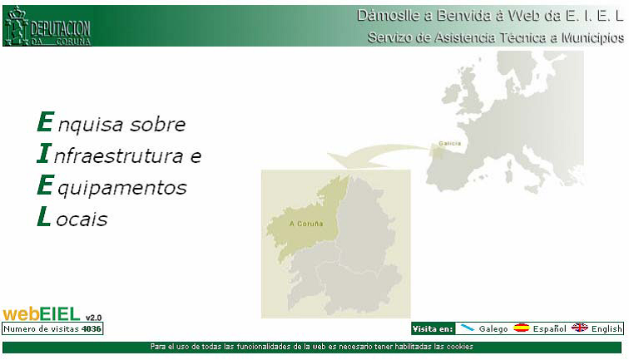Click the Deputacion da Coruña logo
pos(47,26)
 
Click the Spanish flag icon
pos(521,328)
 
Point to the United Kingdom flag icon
pos(580,328)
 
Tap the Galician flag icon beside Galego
pos(468,328)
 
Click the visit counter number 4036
pos(91,328)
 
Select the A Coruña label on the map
pos(306,224)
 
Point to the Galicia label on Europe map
pos(449,143)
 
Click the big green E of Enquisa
pos(45,121)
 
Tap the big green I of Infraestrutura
pos(44,153)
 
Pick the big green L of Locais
pos(44,216)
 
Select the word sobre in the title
pos(157,124)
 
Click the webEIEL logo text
pos(42,314)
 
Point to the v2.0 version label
pos(93,318)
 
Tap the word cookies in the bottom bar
pos(460,347)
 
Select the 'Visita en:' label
pos(433,328)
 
